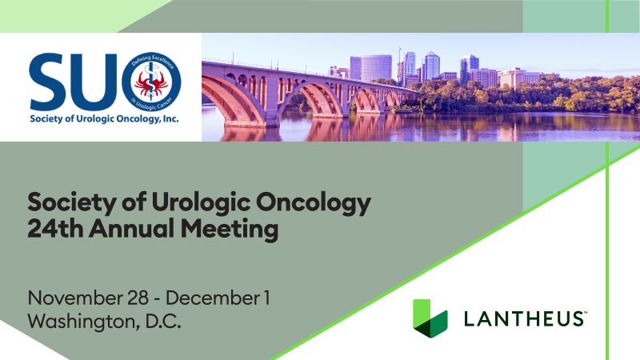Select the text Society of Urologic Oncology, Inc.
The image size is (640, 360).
point(104,119)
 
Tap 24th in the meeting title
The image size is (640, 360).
point(55,228)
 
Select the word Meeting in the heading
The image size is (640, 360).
point(230,230)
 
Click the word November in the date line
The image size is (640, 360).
point(75,298)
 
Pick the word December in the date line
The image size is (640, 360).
point(212,298)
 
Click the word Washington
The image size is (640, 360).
point(82,322)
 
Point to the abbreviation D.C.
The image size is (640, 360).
point(163,322)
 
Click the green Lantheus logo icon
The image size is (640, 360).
point(430,318)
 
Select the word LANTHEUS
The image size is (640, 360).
point(525,318)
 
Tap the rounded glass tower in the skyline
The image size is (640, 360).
point(376,68)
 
